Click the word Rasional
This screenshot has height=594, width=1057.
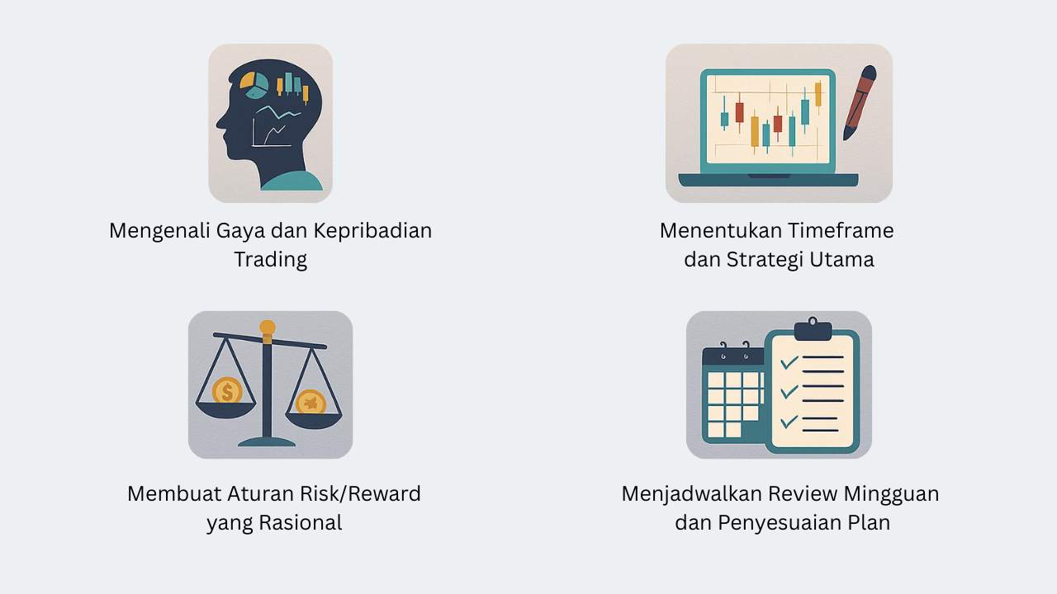(x=300, y=523)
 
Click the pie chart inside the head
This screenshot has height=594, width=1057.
(x=255, y=84)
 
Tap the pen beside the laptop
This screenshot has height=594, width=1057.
(x=860, y=101)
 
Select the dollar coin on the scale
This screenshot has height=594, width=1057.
(x=226, y=390)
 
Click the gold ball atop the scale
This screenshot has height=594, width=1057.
(x=267, y=328)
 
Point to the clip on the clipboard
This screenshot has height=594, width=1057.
(x=813, y=329)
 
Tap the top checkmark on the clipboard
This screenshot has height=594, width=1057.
(x=789, y=362)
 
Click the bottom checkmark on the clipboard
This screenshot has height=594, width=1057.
(x=789, y=422)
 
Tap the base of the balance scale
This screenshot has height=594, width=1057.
(x=267, y=441)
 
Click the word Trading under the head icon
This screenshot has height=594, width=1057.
(x=270, y=260)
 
